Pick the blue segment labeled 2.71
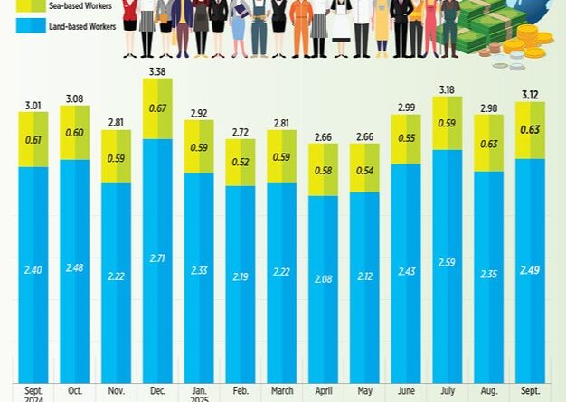(157, 257)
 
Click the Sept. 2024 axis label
(33, 394)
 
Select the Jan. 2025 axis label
(199, 394)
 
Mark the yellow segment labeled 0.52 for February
(240, 162)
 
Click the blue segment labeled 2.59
(447, 262)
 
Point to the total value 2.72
(240, 130)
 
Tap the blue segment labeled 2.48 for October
(74, 267)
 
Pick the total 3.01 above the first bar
(33, 104)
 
